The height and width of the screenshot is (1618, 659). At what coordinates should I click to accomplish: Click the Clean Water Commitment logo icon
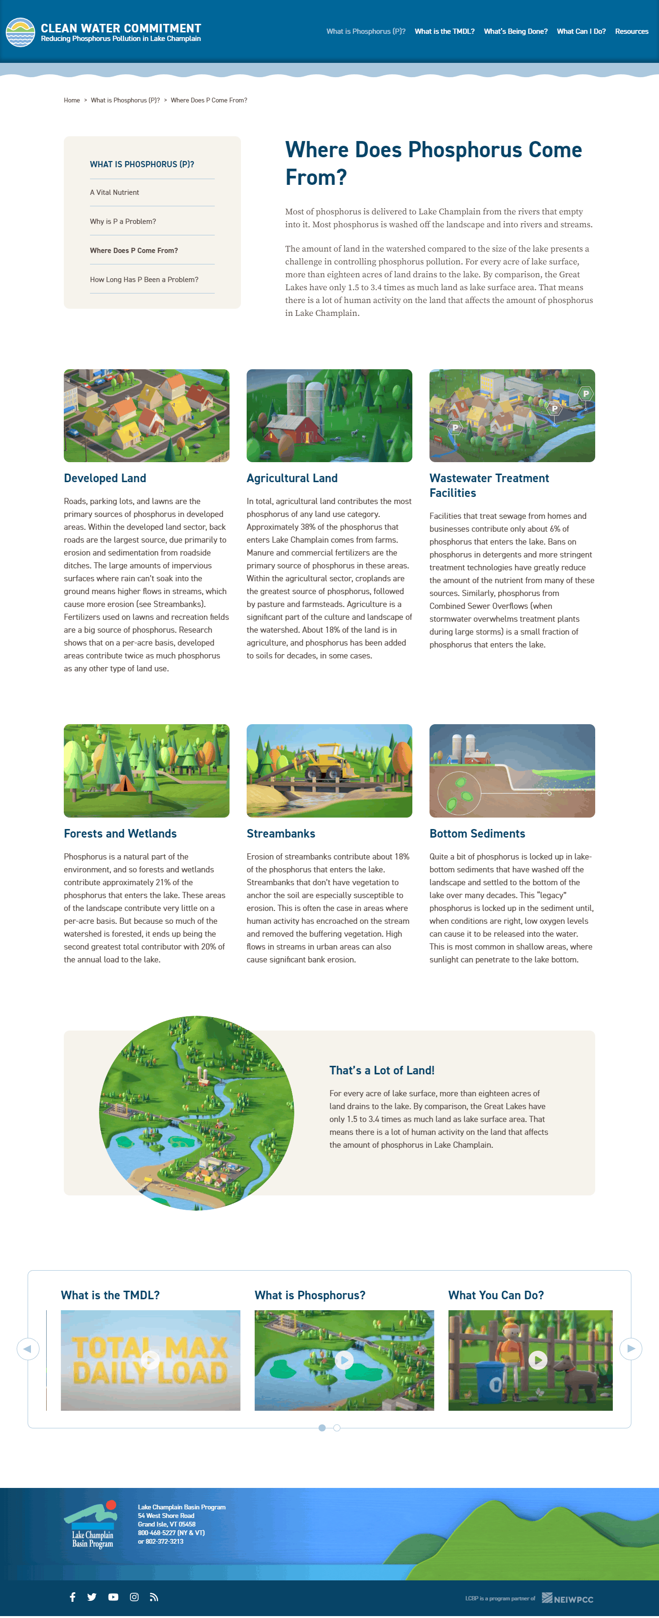pos(20,32)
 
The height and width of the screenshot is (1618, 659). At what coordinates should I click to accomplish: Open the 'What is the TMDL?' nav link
pos(444,31)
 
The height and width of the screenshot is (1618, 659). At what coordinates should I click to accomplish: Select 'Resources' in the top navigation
pos(631,31)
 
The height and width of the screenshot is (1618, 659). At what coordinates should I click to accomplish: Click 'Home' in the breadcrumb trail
pos(71,101)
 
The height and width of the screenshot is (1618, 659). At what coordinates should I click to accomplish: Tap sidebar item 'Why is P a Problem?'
pos(123,222)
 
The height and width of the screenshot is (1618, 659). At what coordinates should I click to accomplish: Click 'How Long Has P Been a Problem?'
pos(144,280)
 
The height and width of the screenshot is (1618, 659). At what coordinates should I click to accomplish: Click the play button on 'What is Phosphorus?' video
pos(343,1360)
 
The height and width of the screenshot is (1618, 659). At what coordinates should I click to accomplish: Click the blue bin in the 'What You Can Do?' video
pos(490,1382)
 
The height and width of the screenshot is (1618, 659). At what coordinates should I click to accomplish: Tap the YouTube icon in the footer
pos(113,1597)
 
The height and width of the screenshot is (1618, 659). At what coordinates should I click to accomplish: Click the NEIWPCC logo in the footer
pos(568,1598)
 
